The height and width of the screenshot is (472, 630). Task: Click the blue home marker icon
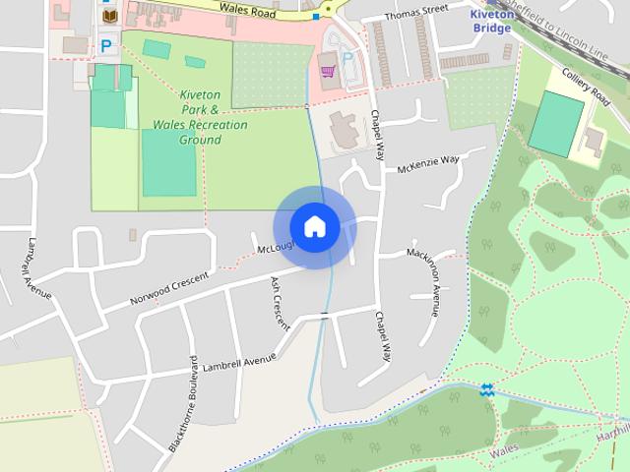[314, 226]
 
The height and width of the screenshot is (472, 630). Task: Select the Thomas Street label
[416, 16]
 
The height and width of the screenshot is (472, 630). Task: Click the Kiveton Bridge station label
[490, 21]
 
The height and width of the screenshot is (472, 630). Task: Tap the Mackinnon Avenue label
[434, 284]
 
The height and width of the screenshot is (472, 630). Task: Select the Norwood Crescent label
[169, 286]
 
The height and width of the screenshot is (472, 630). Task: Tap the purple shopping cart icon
[326, 70]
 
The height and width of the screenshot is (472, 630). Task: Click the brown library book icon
[108, 18]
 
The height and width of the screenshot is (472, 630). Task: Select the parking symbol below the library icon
[105, 45]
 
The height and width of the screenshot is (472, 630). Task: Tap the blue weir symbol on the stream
[485, 390]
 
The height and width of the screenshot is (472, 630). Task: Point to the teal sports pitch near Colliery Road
[556, 125]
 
